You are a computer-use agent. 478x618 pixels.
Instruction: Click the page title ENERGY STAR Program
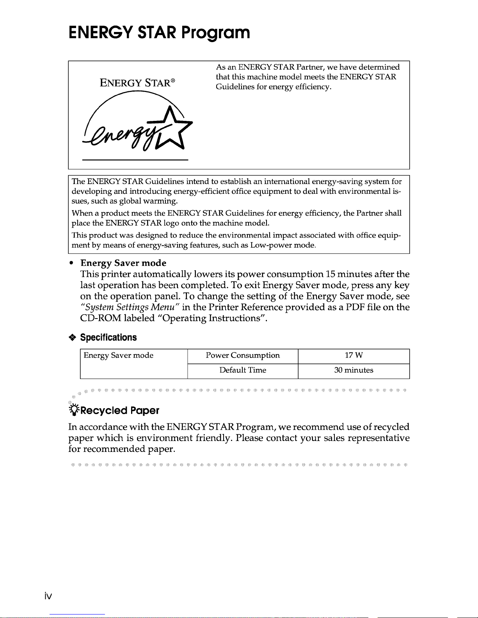159,32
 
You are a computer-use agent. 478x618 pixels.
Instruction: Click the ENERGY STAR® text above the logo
135,83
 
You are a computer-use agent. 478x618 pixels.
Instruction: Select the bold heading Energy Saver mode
123,263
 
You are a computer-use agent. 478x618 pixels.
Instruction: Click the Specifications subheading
108,338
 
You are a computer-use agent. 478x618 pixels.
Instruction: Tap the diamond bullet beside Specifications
72,338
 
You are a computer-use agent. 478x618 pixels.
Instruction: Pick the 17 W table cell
354,356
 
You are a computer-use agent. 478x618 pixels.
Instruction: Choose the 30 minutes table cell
354,370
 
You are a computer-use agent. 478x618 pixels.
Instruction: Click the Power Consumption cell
243,356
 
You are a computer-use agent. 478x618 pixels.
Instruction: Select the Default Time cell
243,370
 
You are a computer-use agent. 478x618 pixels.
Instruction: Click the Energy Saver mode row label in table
119,356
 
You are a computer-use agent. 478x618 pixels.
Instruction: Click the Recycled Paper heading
120,411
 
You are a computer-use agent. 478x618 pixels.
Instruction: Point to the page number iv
48,597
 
